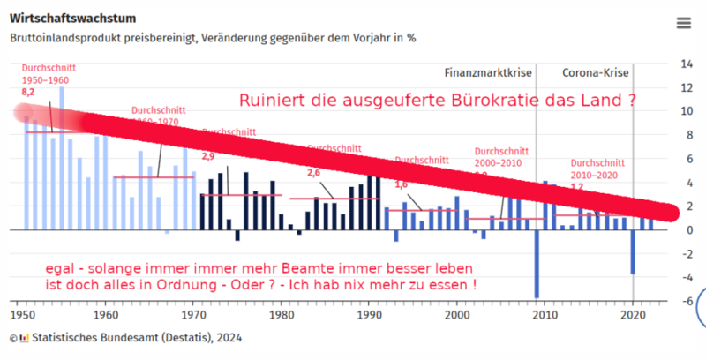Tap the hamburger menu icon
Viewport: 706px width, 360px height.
click(x=683, y=24)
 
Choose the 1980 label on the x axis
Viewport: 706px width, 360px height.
click(x=282, y=315)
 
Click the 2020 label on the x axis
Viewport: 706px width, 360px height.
click(x=632, y=315)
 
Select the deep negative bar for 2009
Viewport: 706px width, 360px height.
click(x=537, y=265)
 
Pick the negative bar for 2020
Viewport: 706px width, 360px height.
click(x=633, y=251)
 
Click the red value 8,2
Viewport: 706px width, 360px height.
click(x=27, y=92)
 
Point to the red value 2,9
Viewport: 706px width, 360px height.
click(x=209, y=156)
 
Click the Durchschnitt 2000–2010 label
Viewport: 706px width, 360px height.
click(x=499, y=156)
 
